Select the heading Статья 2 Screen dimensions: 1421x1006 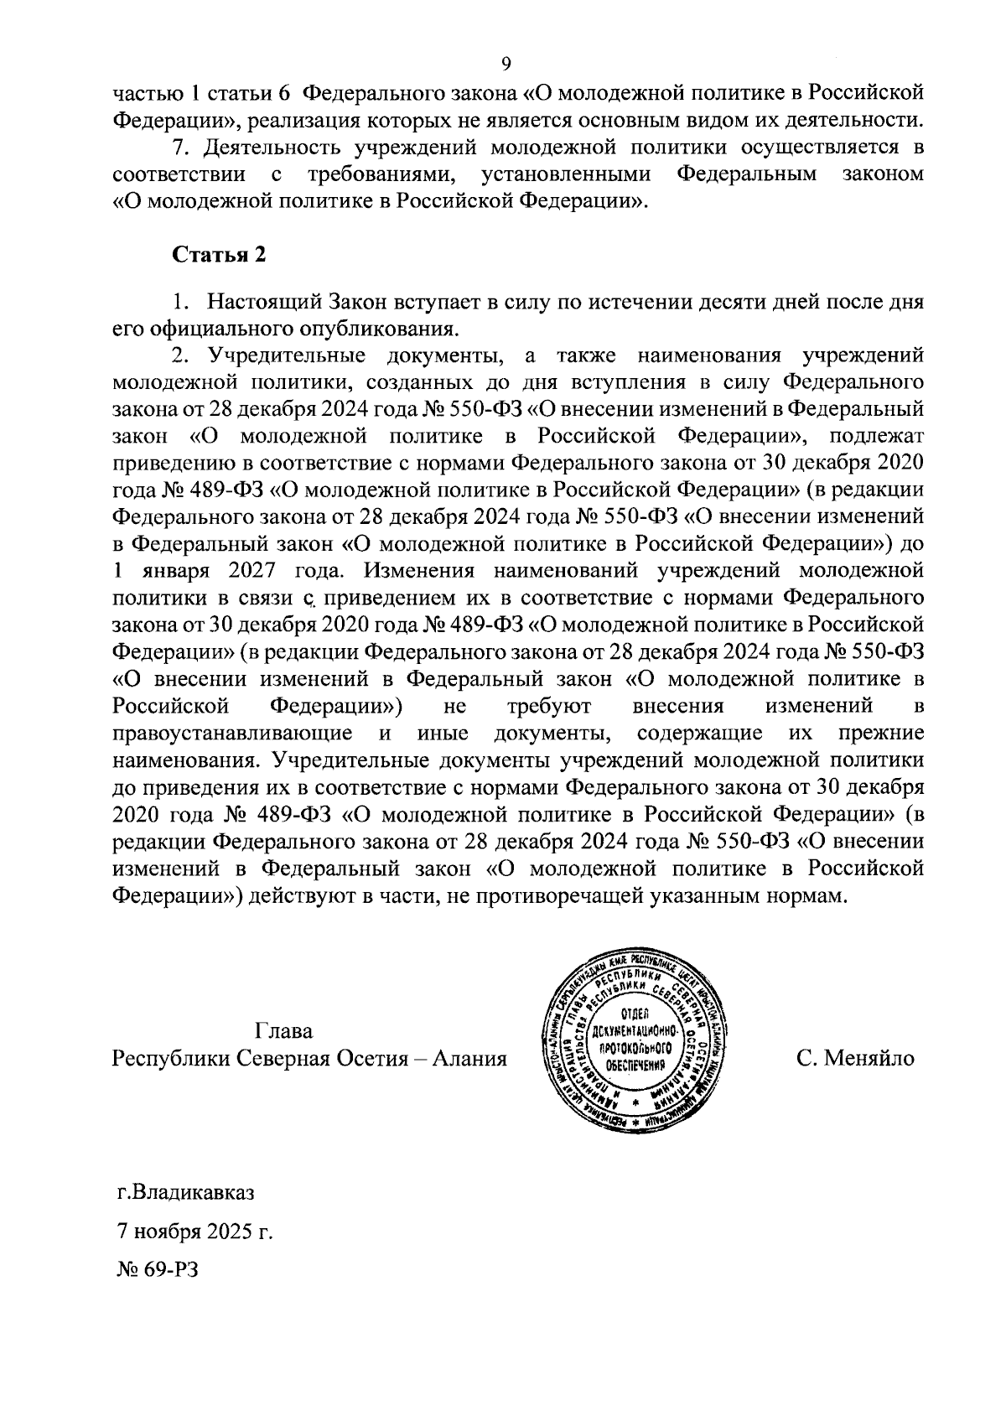tap(219, 256)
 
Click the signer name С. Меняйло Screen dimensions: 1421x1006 tap(855, 1059)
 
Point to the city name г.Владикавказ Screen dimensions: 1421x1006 tap(184, 1192)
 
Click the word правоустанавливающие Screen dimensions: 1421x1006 tap(232, 734)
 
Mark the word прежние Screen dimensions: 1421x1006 tap(882, 734)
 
